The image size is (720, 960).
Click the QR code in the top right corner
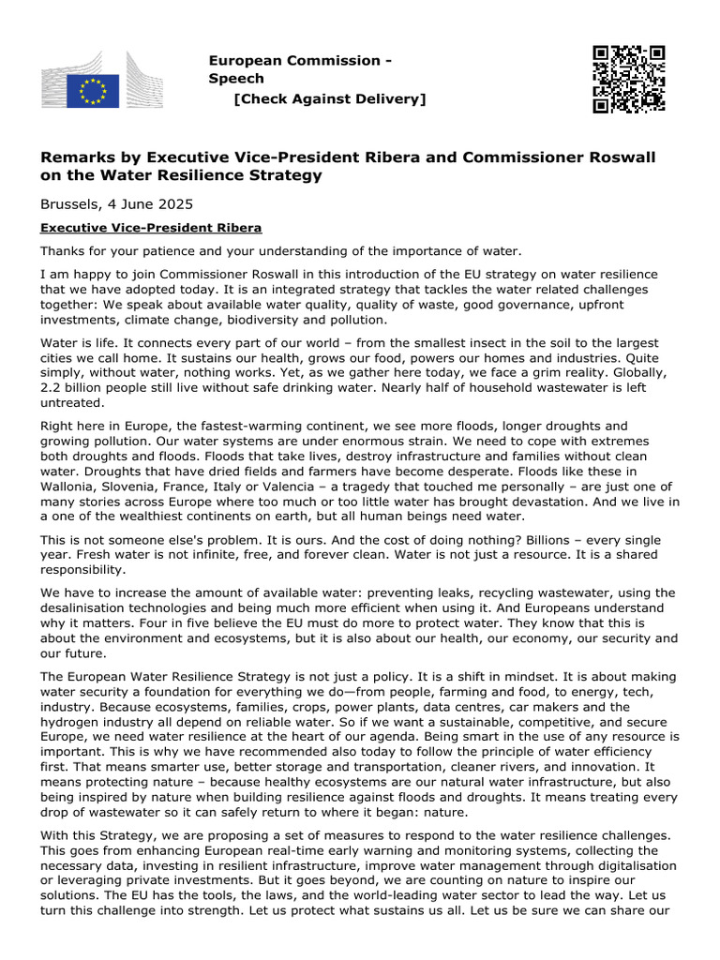click(x=628, y=79)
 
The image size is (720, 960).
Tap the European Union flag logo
click(x=93, y=92)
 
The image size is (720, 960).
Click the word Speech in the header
click(x=235, y=79)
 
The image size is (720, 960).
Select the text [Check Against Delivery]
click(x=329, y=98)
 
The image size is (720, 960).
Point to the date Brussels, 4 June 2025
click(x=117, y=203)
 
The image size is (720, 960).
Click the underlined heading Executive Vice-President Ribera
click(x=150, y=228)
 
